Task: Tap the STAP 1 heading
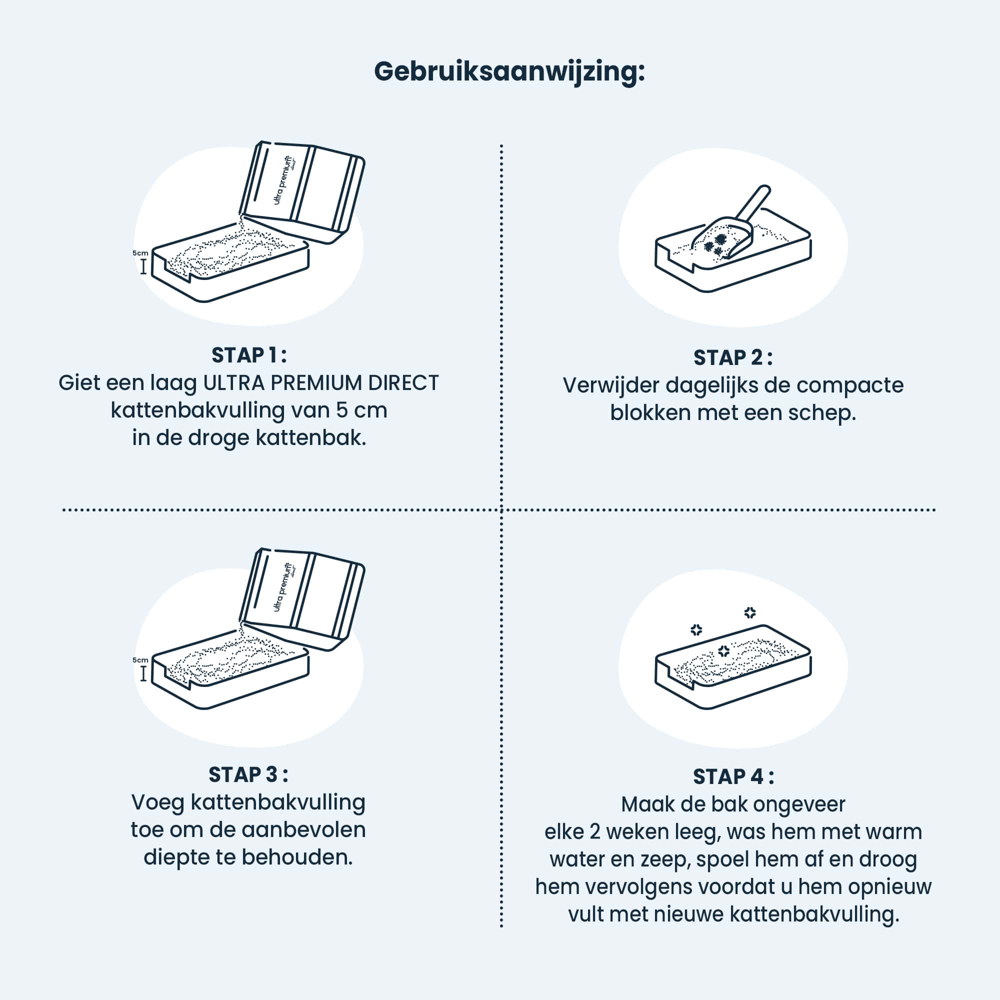pos(249,355)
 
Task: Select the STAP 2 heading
pos(733,357)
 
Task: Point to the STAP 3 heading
pos(248,775)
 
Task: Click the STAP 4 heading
pos(733,777)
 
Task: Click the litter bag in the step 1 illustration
pos(303,191)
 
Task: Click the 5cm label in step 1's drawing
pos(140,253)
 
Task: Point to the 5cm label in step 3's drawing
pos(140,660)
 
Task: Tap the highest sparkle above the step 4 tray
pos(750,613)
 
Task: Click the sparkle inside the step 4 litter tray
pos(723,651)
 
